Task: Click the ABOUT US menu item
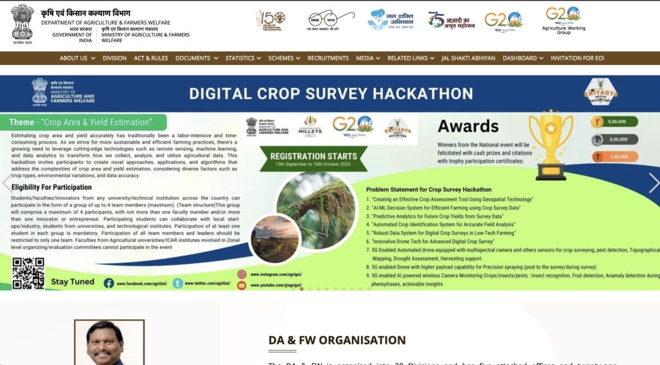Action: (77, 58)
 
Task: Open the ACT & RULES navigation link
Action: (149, 58)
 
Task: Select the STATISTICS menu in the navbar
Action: (243, 58)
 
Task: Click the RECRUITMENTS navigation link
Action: (328, 58)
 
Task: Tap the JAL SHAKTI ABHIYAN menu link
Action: (469, 58)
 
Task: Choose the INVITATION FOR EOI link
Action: (577, 58)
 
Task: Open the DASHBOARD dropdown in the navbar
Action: (523, 58)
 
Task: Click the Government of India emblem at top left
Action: (23, 23)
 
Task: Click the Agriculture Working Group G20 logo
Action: (563, 19)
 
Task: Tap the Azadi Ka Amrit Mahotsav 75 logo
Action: (451, 21)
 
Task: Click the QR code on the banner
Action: (28, 273)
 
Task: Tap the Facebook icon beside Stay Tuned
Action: (109, 283)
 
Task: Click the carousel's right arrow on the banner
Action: (654, 183)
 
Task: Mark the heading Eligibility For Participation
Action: (52, 187)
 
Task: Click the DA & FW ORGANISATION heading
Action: (337, 340)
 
